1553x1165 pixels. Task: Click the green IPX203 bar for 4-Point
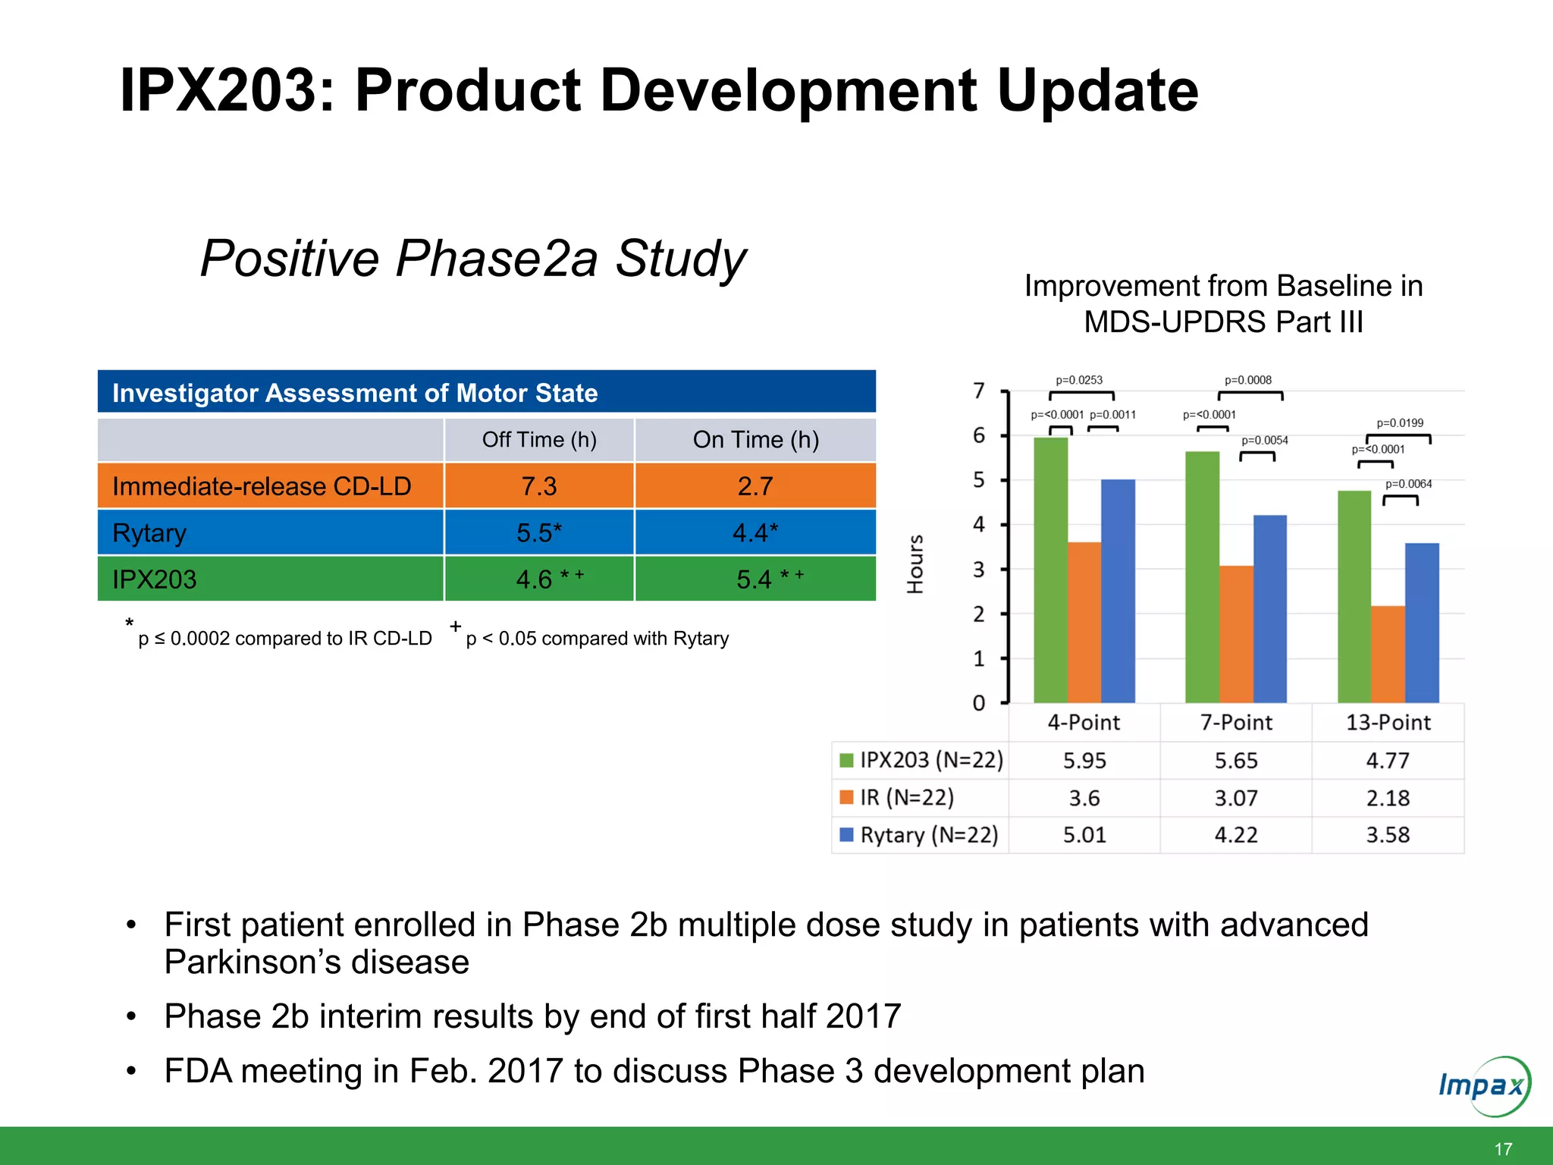[x=1050, y=569]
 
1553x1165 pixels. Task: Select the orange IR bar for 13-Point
[x=1388, y=654]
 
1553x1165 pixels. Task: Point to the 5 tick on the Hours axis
[x=979, y=480]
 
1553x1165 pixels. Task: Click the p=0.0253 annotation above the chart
[x=1079, y=380]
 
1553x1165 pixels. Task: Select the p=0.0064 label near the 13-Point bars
[x=1408, y=484]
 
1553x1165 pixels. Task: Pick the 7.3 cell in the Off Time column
[x=538, y=486]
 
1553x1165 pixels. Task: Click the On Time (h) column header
[x=755, y=440]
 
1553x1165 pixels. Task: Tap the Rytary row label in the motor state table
[x=149, y=532]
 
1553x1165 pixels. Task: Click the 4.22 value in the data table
[x=1236, y=835]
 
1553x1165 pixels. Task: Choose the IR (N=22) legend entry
[x=906, y=797]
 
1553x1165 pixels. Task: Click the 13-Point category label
[x=1388, y=722]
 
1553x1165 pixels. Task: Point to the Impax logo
[x=1483, y=1085]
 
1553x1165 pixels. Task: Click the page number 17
[x=1503, y=1149]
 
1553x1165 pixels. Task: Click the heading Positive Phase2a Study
[x=473, y=259]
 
